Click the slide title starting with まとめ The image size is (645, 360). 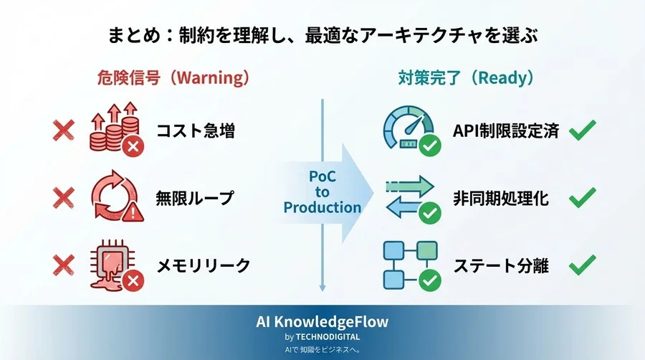click(x=322, y=34)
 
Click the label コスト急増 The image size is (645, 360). click(x=195, y=131)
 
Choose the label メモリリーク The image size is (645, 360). click(x=204, y=266)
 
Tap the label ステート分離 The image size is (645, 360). click(x=501, y=266)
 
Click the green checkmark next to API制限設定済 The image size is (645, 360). click(x=582, y=131)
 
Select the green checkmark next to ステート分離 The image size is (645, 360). click(x=582, y=266)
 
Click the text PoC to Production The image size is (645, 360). click(x=322, y=191)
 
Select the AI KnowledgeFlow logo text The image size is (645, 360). click(x=322, y=322)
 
